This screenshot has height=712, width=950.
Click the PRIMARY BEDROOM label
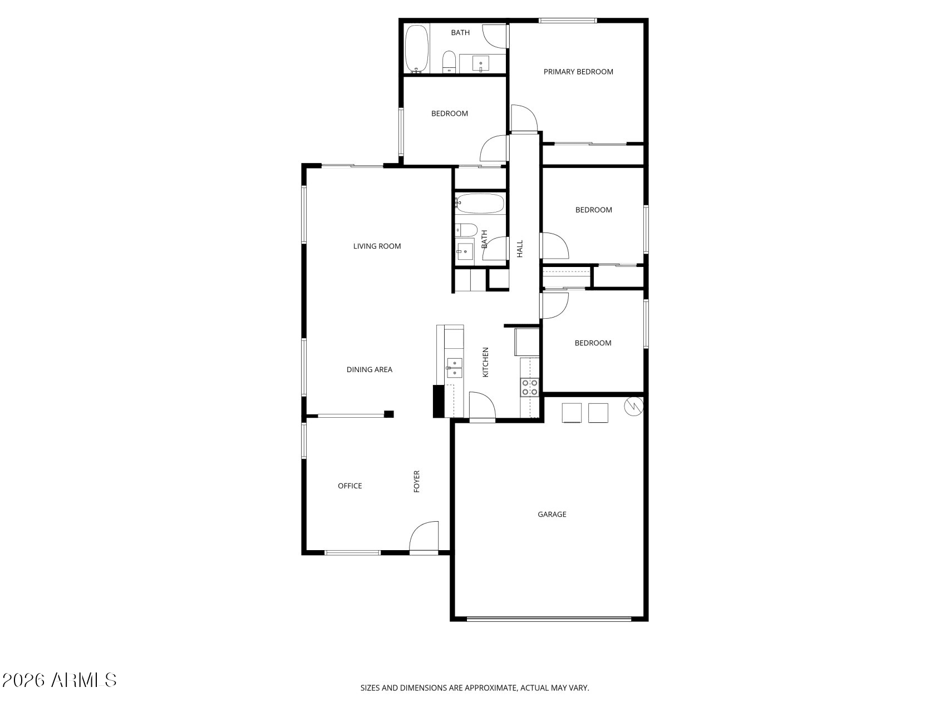578,72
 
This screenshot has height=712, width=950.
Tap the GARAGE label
552,515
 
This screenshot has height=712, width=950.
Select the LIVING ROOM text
377,246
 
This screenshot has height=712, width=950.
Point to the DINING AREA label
369,370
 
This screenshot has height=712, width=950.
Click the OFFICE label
350,486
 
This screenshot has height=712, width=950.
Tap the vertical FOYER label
416,481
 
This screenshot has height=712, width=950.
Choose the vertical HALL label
520,249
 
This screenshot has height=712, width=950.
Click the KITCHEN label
485,363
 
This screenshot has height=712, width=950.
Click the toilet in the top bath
449,61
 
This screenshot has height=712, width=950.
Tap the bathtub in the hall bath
480,204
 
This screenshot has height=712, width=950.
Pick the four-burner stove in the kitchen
529,387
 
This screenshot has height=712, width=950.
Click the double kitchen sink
455,368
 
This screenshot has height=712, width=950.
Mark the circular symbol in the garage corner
634,407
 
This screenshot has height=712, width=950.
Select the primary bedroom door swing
524,118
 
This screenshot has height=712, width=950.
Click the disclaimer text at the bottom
474,688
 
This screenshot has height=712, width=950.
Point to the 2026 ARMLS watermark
59,680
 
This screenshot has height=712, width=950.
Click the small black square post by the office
389,414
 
